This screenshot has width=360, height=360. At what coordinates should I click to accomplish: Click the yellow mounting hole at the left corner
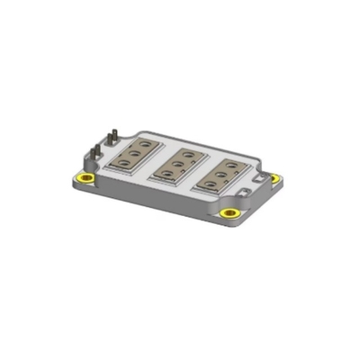pyautogui.click(x=87, y=176)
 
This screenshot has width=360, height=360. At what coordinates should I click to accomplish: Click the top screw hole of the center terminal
pyautogui.click(x=184, y=154)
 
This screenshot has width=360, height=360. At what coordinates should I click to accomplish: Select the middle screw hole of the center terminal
pyautogui.click(x=176, y=163)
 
